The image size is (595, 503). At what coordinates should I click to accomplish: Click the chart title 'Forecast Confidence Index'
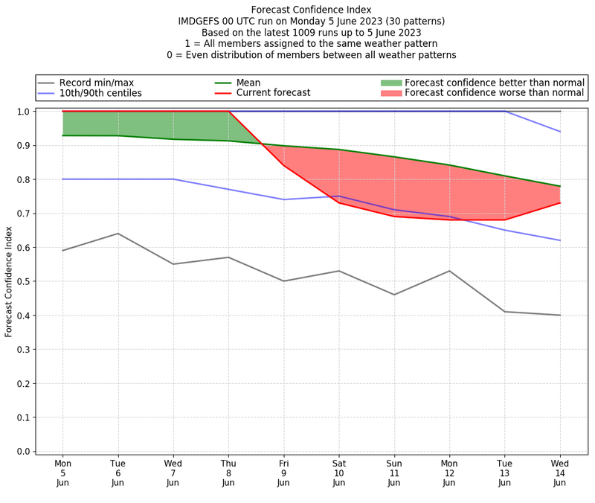(x=312, y=10)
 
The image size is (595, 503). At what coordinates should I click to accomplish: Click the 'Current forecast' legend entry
(x=273, y=93)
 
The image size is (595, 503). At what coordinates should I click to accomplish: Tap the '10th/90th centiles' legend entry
(x=100, y=93)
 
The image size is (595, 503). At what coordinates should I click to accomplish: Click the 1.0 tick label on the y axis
(x=22, y=112)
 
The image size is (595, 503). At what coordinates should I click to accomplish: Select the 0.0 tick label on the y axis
(x=22, y=452)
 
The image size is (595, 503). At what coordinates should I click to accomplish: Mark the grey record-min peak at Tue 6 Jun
(x=118, y=234)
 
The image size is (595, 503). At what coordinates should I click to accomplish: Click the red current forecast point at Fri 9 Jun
(x=283, y=165)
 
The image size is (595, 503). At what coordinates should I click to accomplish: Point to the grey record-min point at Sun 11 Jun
(x=394, y=295)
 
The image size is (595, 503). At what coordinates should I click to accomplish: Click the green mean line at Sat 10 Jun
(x=339, y=150)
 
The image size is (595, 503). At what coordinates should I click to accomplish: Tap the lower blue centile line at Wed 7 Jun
(x=173, y=179)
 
